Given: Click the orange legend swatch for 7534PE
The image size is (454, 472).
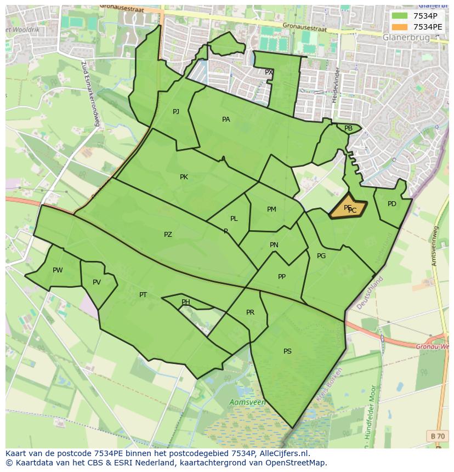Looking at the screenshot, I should [x=400, y=26].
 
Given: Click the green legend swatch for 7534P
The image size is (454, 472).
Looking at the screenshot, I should [x=400, y=16].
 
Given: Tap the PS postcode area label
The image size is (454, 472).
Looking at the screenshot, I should [x=287, y=351].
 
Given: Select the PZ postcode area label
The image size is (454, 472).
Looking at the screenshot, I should [x=168, y=235].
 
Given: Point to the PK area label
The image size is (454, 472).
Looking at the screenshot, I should [x=184, y=177].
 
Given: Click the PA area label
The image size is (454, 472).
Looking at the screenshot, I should [x=226, y=120].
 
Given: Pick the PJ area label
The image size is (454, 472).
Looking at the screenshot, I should [x=176, y=112].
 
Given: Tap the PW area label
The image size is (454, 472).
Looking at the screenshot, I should [x=58, y=270].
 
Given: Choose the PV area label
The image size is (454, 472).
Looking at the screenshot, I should [x=97, y=282].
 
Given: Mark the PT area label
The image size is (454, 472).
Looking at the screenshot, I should [x=143, y=295].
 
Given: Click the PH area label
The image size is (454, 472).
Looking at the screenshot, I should [x=186, y=302].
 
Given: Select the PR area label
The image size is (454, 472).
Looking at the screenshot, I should [x=250, y=312].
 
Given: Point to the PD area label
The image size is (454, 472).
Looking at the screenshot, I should [x=391, y=204].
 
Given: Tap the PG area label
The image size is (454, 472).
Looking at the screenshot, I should [x=321, y=256].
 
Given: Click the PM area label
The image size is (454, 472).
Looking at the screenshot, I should [x=271, y=209].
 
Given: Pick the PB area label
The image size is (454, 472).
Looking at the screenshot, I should [x=348, y=128].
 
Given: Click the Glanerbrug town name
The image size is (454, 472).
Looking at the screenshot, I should [x=406, y=37].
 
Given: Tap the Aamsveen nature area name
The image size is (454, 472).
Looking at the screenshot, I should [x=247, y=402].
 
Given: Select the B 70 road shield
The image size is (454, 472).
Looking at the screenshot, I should [x=438, y=436].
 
